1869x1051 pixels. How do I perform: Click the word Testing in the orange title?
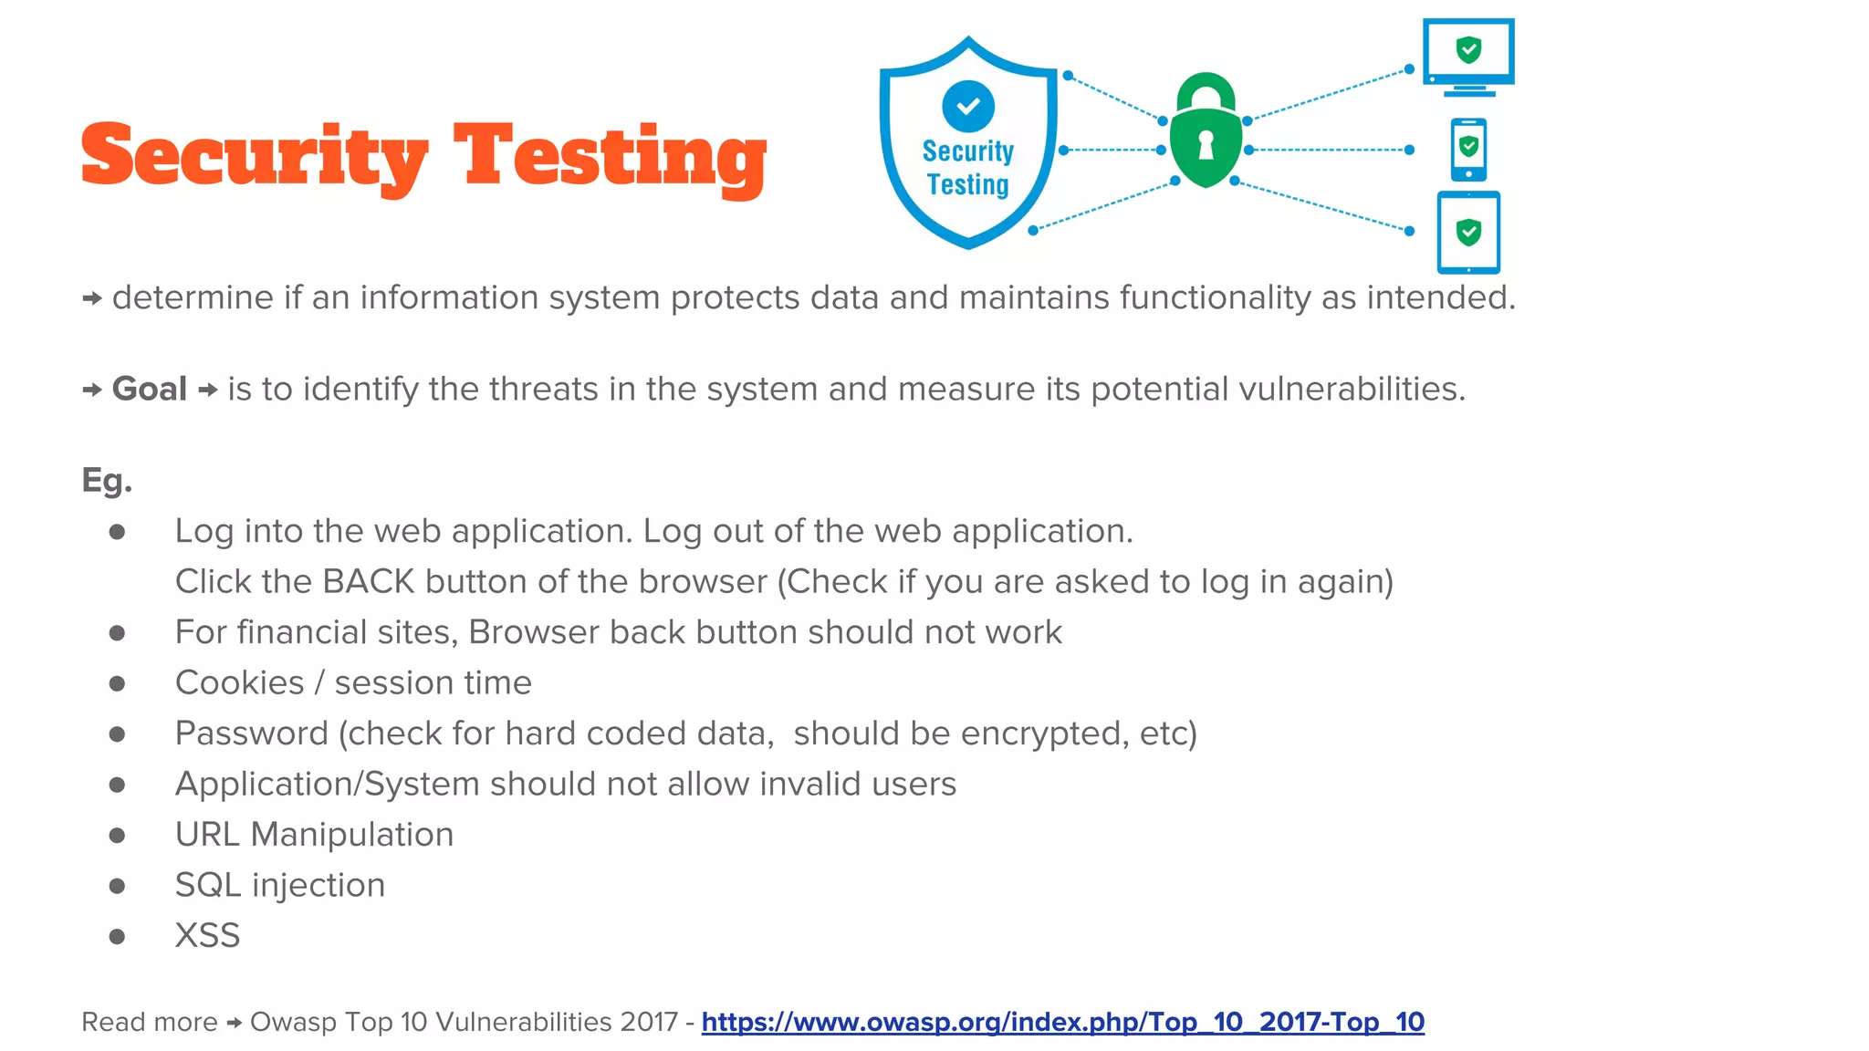610,157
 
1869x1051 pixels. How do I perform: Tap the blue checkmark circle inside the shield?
967,106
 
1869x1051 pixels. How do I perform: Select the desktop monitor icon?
1468,56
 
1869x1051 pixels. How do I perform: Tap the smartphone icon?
1468,150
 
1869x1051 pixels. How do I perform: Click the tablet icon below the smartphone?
1468,233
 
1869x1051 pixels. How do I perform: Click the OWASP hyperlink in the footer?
1062,1022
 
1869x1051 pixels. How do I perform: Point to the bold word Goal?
150,390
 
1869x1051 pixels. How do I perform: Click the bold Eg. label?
107,481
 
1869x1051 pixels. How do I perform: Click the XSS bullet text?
207,936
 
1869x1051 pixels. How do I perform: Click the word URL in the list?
207,835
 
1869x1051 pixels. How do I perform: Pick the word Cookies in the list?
239,683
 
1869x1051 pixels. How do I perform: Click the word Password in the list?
251,734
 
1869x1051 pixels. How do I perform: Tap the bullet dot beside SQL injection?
117,886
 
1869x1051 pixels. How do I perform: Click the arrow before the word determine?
91,298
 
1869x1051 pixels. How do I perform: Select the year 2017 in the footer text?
648,1022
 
